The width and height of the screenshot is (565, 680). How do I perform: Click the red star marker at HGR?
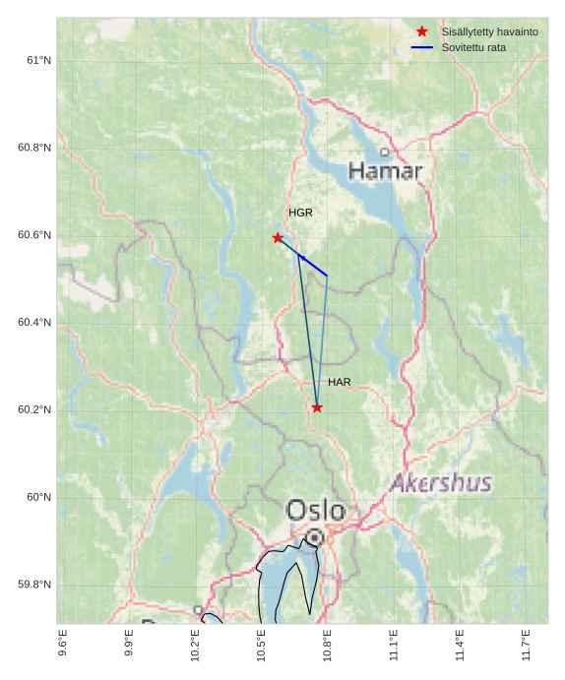point(278,238)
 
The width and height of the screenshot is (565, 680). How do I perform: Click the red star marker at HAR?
point(317,407)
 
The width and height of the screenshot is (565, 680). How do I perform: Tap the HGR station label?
point(300,213)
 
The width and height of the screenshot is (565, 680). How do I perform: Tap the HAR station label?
point(340,382)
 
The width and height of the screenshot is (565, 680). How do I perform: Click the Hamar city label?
point(385,171)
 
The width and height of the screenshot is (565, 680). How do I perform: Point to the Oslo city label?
point(316,510)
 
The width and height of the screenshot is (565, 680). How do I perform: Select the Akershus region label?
point(441,483)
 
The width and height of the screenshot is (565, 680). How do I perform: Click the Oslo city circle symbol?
point(314,537)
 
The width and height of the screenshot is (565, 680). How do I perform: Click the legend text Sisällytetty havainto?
point(489,31)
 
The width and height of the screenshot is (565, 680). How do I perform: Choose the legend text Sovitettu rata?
point(473,47)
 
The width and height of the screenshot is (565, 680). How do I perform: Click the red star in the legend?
point(422,31)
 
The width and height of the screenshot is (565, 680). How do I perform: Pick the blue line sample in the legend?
point(422,47)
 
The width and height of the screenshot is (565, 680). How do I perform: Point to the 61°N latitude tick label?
point(38,60)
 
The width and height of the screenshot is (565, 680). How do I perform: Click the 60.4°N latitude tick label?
point(34,323)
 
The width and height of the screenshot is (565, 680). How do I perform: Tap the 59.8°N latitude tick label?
point(34,585)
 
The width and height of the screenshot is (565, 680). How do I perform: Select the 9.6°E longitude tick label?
point(63,644)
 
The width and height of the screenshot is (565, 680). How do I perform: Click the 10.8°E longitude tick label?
point(327,644)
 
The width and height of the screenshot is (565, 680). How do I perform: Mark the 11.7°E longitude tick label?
point(526,644)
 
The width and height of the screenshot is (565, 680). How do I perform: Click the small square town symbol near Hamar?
point(384,152)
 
